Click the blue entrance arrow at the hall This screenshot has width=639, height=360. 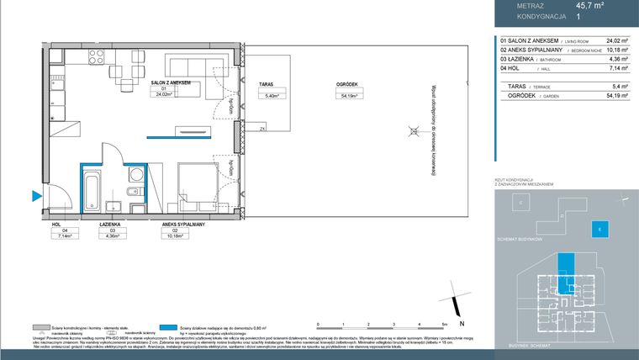pyautogui.click(x=36, y=197)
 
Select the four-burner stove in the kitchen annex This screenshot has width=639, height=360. pyautogui.click(x=96, y=59)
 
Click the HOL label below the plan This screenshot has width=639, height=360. pyautogui.click(x=56, y=225)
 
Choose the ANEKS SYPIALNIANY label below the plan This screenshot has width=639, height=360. pyautogui.click(x=186, y=225)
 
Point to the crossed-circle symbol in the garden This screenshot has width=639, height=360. pyautogui.click(x=411, y=130)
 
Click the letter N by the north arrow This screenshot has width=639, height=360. pyautogui.click(x=462, y=324)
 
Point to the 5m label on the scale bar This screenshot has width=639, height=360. pyautogui.click(x=444, y=324)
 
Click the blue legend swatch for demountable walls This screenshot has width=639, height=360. pyautogui.click(x=171, y=327)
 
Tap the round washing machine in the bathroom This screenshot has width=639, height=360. pyautogui.click(x=135, y=175)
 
